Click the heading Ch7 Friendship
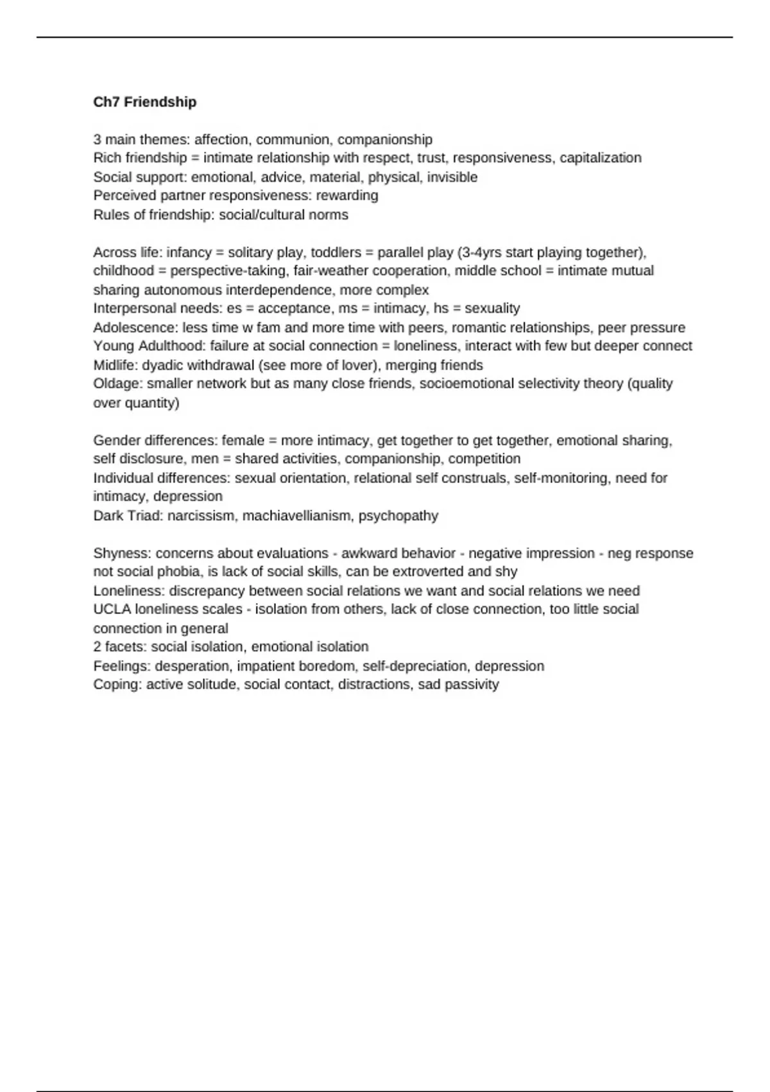145,102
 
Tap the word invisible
452,177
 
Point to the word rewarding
347,195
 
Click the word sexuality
492,308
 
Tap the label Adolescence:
135,328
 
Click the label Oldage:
118,384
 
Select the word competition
484,459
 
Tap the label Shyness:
122,554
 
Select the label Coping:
117,685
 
